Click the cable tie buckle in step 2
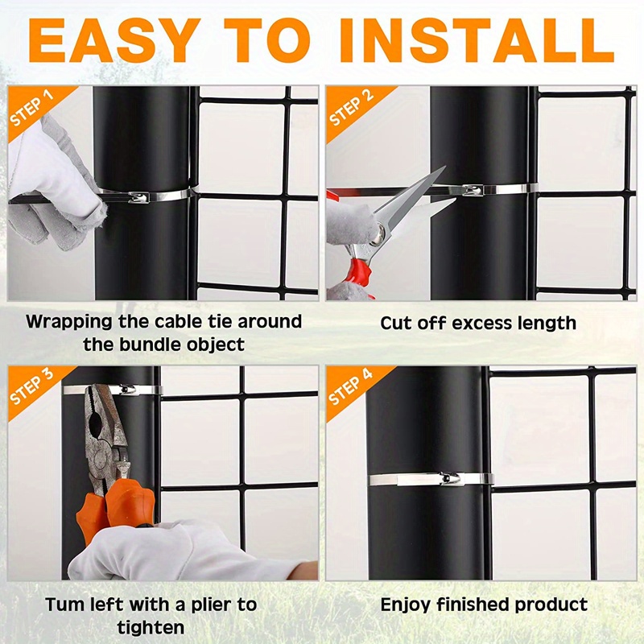tap(473, 190)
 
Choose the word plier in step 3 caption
tap(201, 604)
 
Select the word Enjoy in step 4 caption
tap(408, 605)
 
